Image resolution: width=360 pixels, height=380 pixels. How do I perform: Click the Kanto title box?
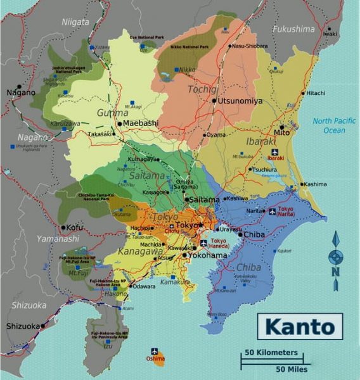point(299,327)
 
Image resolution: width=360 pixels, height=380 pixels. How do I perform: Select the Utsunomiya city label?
point(241,101)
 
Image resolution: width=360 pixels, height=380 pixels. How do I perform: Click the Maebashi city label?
point(140,123)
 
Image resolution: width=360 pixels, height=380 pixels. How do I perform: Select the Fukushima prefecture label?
point(293,29)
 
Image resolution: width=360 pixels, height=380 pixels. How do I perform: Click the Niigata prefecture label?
point(75,22)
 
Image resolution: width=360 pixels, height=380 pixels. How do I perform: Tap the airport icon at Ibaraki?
point(273,152)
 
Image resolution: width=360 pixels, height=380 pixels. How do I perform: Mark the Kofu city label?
point(75,227)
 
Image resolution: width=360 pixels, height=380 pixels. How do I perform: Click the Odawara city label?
point(144,286)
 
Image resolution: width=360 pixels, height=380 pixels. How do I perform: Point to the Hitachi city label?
point(315,93)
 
